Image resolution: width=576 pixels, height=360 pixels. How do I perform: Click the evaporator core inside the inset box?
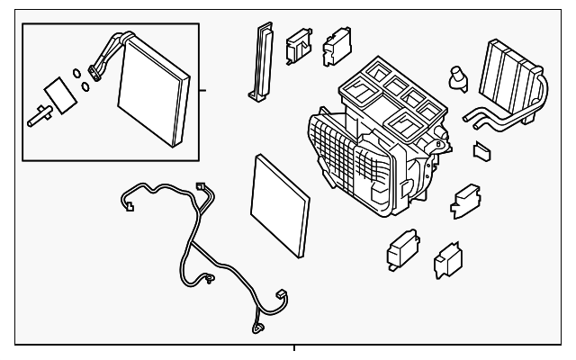pos(153,94)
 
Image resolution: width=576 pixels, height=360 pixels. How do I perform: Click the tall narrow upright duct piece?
pos(260,58)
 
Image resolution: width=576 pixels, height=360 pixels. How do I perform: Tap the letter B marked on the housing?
pos(437,142)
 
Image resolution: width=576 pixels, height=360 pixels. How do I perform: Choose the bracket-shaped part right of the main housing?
pos(466,200)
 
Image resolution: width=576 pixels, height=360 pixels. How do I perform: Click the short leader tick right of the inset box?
pos(203,90)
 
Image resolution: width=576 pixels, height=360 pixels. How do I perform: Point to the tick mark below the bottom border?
pos(294,347)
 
